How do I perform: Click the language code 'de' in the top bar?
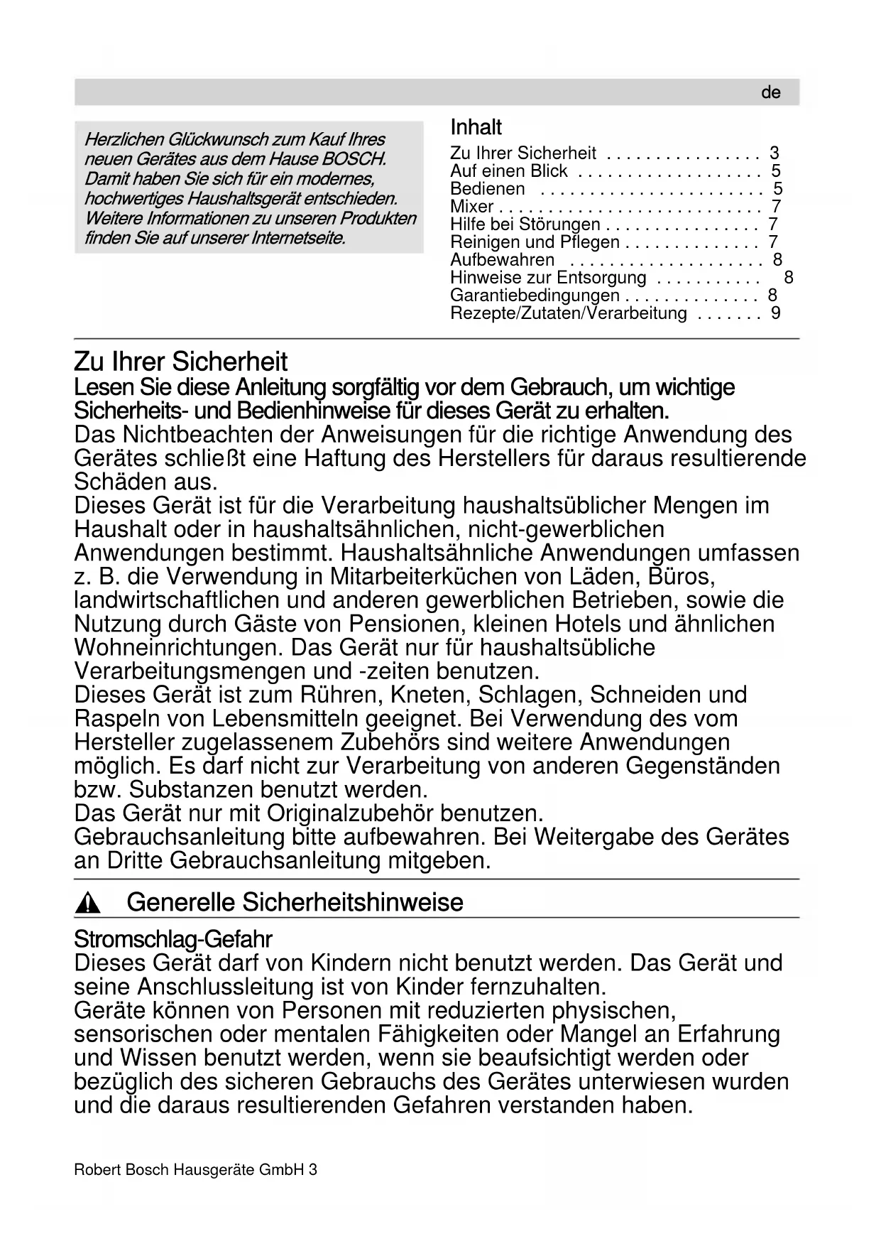[770, 93]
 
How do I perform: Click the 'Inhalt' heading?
[476, 128]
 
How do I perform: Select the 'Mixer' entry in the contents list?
[471, 207]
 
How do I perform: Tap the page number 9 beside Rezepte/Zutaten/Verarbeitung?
[775, 313]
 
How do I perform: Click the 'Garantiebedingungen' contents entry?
[535, 296]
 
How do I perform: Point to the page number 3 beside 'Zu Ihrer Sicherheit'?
[774, 153]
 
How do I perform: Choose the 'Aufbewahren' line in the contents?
[502, 260]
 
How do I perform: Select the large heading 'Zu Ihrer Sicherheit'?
[180, 362]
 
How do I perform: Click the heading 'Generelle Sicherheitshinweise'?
[295, 903]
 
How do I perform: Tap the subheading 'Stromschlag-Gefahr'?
[173, 940]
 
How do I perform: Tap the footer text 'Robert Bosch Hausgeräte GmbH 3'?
[195, 1169]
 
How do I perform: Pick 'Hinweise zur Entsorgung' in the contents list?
[548, 278]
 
